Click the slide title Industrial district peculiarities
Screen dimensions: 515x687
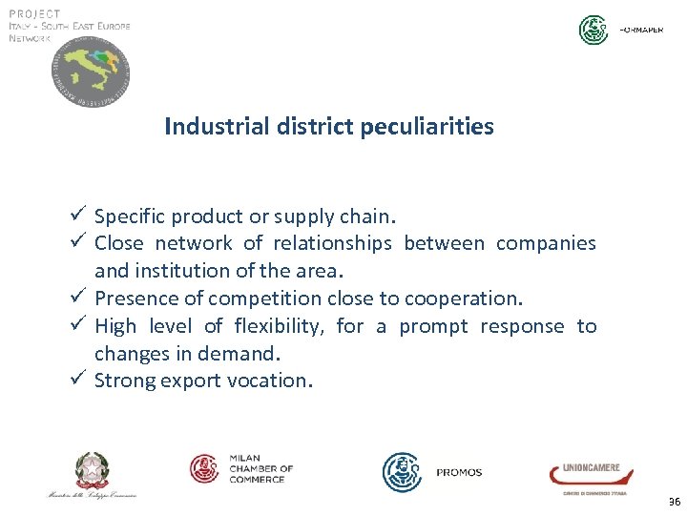[329, 126]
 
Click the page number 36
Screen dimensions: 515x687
[675, 502]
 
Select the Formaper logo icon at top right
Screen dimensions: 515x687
[593, 31]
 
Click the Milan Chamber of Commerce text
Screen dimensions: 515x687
[260, 468]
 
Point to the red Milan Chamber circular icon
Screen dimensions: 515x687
[205, 468]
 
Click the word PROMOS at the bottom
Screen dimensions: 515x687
[459, 472]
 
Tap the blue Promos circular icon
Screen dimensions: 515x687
[402, 472]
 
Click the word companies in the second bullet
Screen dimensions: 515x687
[545, 244]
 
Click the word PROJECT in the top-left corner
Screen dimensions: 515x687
[34, 13]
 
